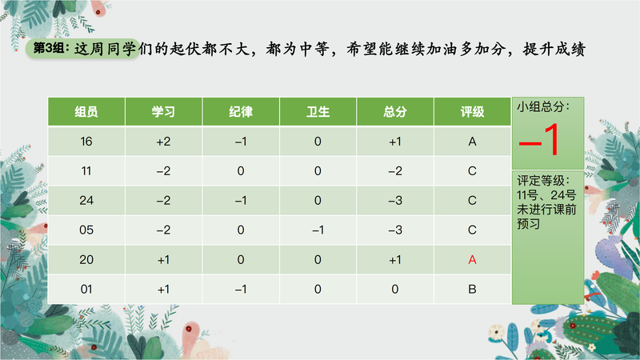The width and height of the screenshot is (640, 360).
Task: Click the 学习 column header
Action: tap(163, 112)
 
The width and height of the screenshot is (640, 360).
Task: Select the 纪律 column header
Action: tap(241, 112)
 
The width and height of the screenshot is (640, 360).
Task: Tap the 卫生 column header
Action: tap(318, 112)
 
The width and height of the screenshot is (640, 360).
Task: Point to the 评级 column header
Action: tap(472, 112)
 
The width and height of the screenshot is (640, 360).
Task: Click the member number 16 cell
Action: tap(86, 142)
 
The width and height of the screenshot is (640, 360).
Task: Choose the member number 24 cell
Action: tap(86, 201)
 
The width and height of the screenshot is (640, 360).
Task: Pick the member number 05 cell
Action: tap(86, 230)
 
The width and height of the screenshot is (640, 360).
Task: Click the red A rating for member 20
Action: tap(472, 259)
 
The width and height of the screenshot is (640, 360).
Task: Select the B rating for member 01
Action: tap(472, 290)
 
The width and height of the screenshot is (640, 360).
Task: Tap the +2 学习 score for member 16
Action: tap(163, 142)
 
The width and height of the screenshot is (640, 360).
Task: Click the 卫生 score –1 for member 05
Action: tap(318, 230)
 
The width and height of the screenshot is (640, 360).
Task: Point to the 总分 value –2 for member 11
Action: tap(394, 171)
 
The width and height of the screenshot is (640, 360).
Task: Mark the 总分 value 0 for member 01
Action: tap(394, 290)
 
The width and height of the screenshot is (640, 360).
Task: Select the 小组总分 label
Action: tap(543, 107)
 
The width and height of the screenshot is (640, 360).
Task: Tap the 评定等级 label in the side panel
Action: tap(543, 181)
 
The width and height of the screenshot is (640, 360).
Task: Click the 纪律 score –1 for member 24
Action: tap(241, 201)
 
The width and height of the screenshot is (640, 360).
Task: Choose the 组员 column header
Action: tap(86, 112)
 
